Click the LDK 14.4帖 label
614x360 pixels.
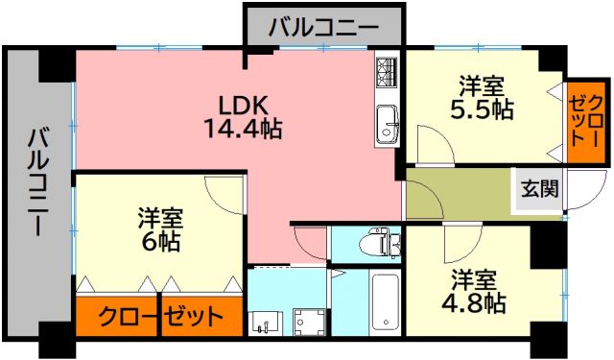pyautogui.click(x=242, y=116)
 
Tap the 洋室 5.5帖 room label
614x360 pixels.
pyautogui.click(x=482, y=98)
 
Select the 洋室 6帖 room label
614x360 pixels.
pyautogui.click(x=159, y=228)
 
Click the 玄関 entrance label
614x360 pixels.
pyautogui.click(x=539, y=188)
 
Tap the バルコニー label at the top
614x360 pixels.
pyautogui.click(x=322, y=26)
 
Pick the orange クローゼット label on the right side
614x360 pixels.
pyautogui.click(x=585, y=119)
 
